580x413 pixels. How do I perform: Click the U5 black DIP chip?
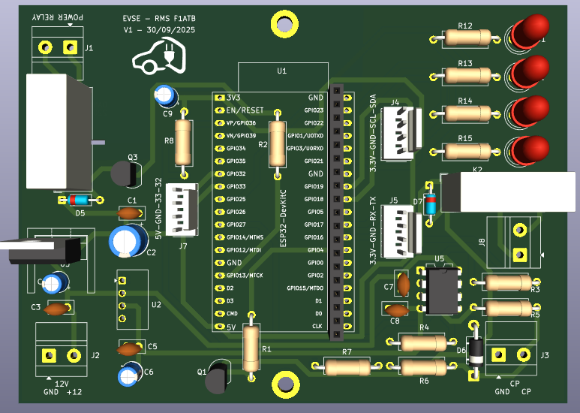click(x=440, y=291)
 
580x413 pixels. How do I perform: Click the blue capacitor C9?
click(x=165, y=95)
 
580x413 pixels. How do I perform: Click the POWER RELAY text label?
click(x=58, y=16)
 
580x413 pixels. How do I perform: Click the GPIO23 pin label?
click(x=314, y=110)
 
